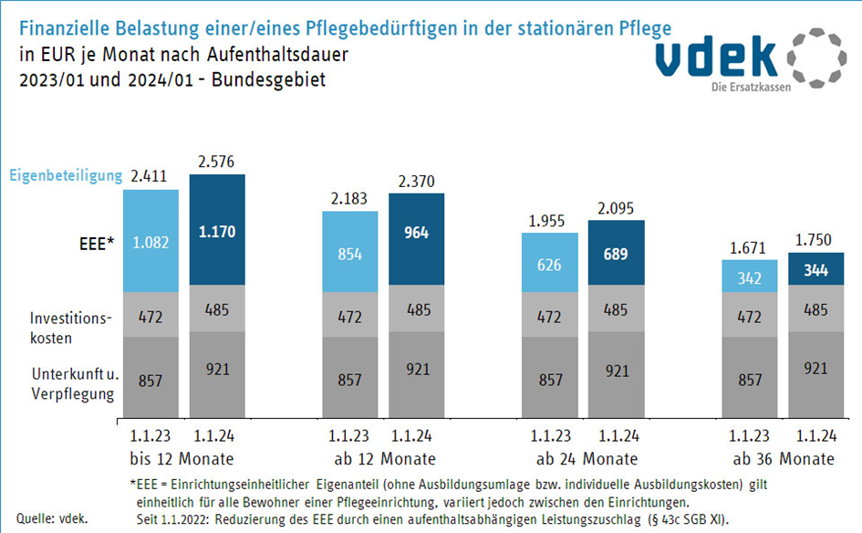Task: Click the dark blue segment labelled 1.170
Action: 217,232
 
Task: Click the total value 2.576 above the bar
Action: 217,161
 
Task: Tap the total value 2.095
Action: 616,207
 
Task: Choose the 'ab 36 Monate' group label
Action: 783,457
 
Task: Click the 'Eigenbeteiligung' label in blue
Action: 66,174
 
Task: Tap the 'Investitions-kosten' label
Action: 70,326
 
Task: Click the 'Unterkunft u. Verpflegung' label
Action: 73,384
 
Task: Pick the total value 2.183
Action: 350,198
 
